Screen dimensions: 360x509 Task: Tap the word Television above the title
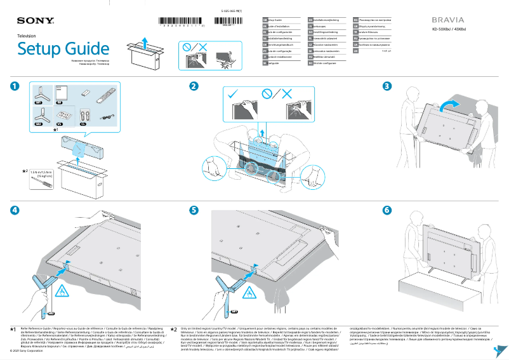tap(27, 37)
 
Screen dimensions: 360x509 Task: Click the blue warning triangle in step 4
tap(63, 291)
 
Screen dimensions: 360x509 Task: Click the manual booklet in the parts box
tap(62, 93)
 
